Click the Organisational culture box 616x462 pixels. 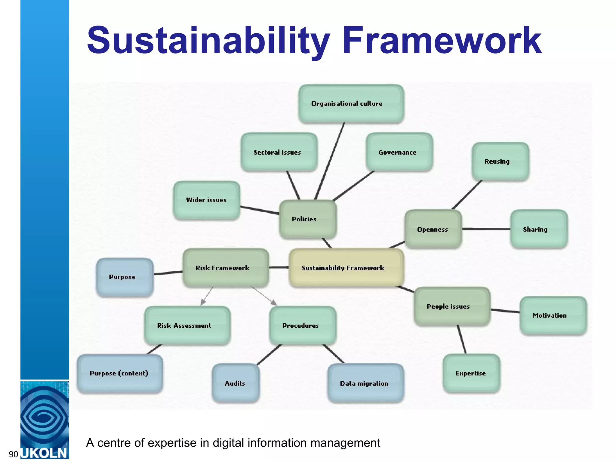pos(351,104)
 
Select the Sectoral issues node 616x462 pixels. pos(279,152)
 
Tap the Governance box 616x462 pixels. pos(399,152)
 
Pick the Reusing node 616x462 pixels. pos(500,162)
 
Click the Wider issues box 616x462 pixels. pos(207,200)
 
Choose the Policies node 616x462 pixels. pos(308,219)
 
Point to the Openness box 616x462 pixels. pos(433,229)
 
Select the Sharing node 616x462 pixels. pos(539,229)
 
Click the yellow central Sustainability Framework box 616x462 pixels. pos(346,268)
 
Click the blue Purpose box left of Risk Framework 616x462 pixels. pos(125,277)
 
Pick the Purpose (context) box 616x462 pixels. pos(120,374)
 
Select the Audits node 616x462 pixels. pos(236,383)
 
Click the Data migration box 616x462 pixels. pos(365,383)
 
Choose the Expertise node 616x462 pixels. pos(471,374)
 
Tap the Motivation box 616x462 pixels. pos(553,316)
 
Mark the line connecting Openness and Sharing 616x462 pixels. pos(486,229)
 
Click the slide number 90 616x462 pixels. pos(14,454)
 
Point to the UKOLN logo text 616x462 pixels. pos(44,453)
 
